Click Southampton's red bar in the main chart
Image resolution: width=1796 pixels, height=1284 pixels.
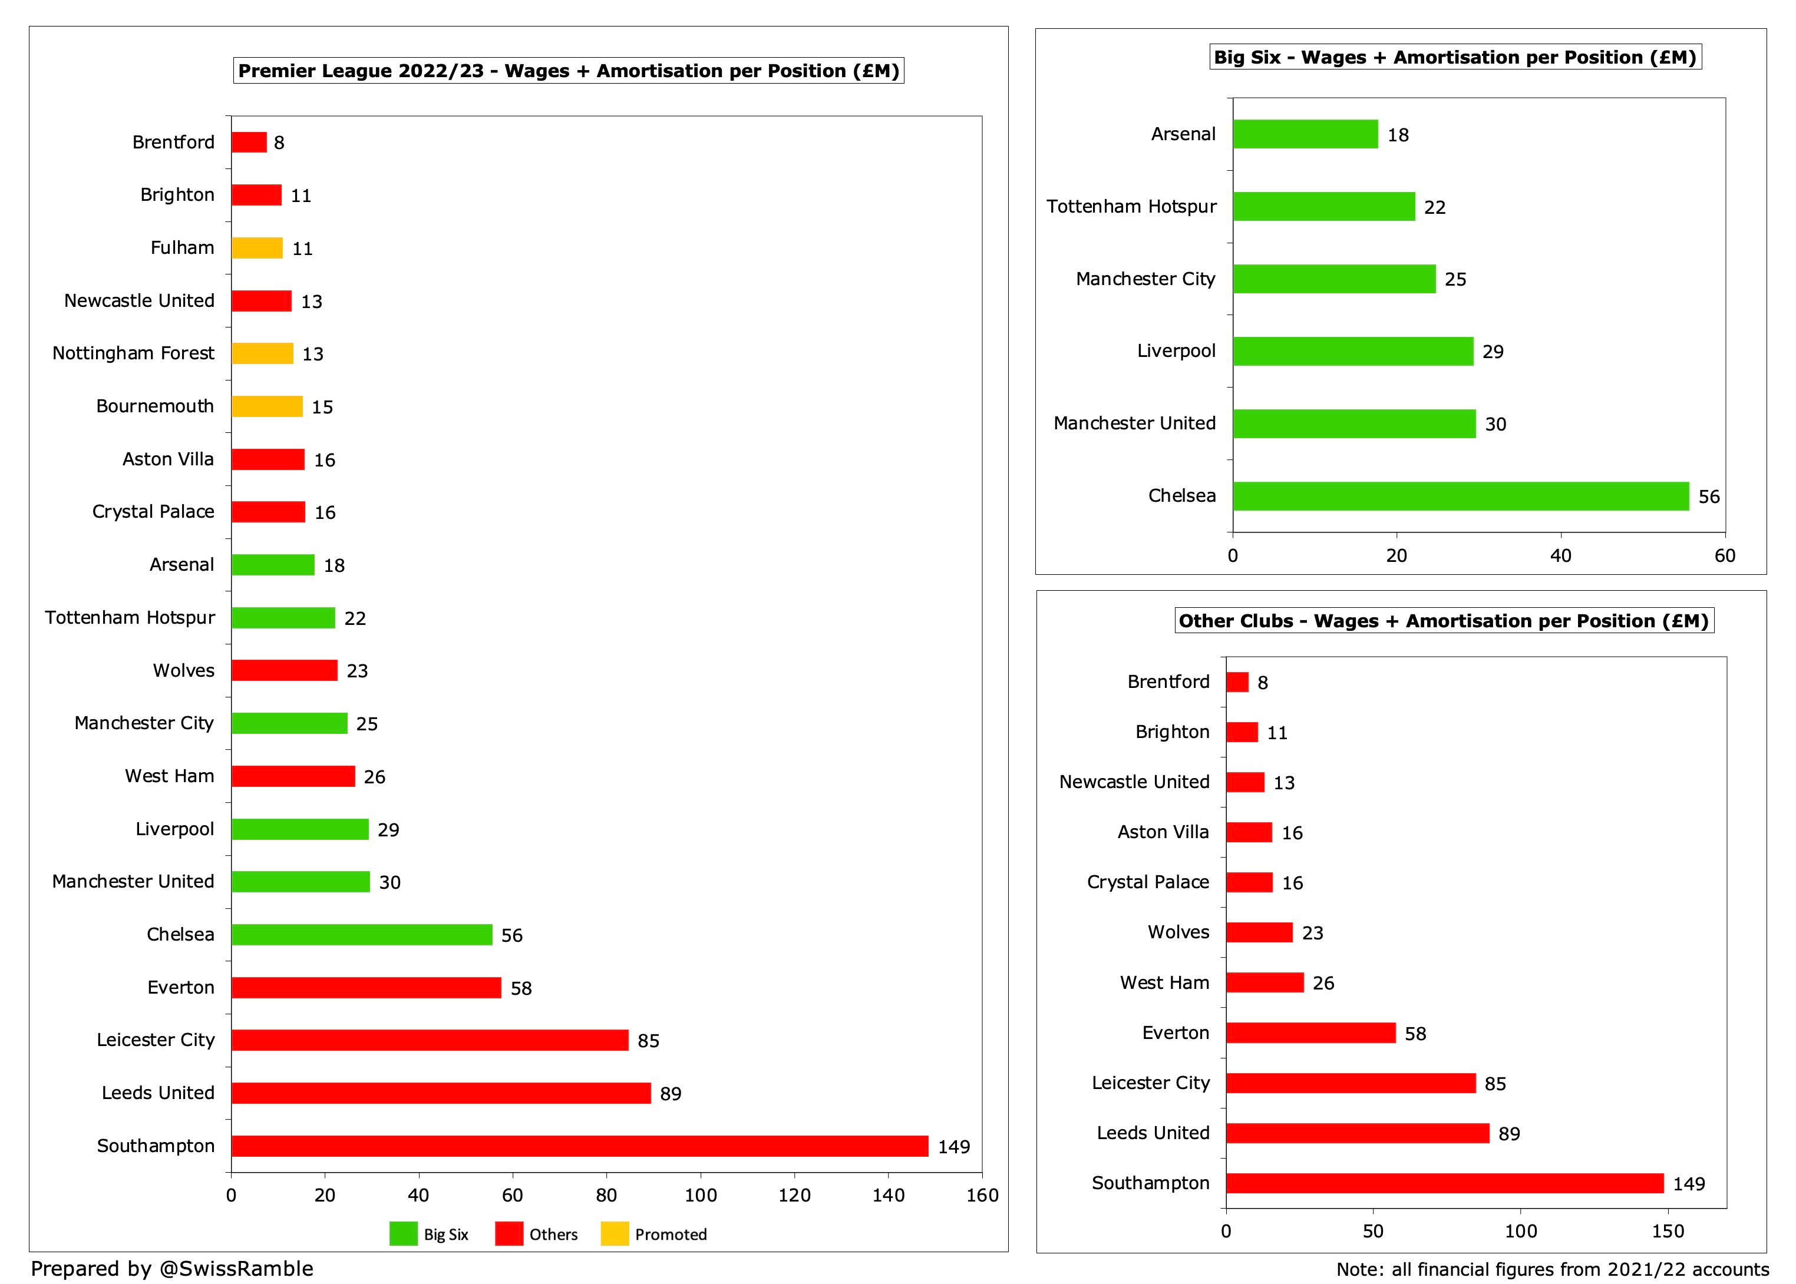point(579,1146)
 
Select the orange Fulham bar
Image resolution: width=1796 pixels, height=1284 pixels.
point(257,249)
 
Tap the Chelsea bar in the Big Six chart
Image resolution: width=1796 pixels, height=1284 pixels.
point(1460,496)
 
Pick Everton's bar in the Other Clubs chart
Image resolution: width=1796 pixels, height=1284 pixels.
point(1310,1033)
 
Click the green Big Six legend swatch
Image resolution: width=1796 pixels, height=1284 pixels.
point(403,1234)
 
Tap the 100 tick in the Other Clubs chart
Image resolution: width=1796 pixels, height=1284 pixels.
point(1520,1231)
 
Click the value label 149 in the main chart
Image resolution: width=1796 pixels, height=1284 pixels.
point(954,1146)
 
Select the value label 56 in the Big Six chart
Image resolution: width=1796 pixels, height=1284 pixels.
point(1709,497)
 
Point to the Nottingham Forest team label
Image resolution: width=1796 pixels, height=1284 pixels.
point(133,353)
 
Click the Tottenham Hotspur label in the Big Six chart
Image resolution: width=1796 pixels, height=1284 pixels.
point(1131,206)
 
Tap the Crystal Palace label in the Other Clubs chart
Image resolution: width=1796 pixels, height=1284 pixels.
point(1147,882)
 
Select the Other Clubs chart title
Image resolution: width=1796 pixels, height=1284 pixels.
point(1443,621)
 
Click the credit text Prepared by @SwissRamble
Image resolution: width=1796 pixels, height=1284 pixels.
point(171,1268)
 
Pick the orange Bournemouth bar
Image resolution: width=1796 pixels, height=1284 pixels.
point(266,406)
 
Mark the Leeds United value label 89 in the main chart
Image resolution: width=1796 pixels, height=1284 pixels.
point(671,1093)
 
